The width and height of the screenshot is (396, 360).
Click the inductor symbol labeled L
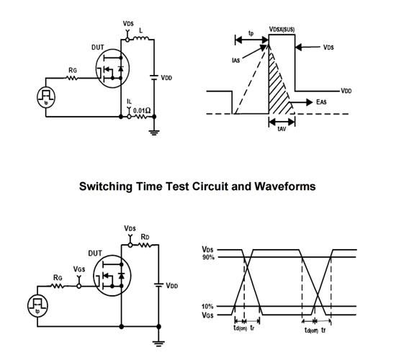(141, 38)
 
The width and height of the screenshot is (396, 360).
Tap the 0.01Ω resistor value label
(142, 110)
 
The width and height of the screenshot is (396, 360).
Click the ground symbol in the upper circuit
(154, 132)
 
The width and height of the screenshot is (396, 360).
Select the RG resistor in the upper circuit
(72, 78)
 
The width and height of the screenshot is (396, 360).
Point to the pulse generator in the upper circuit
(46, 97)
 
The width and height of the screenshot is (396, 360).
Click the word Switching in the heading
(106, 186)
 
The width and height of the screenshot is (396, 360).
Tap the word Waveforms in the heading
(285, 186)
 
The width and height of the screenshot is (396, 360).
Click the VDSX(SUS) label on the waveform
(282, 30)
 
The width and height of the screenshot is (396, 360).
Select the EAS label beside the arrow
(321, 102)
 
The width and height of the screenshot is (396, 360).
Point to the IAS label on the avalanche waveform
(235, 60)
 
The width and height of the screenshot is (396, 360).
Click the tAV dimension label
(282, 129)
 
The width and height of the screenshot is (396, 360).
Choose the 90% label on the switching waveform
(208, 258)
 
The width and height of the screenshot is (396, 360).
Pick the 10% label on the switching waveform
(207, 307)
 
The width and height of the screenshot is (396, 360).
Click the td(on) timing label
(240, 328)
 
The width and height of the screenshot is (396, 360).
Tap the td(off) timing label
(311, 330)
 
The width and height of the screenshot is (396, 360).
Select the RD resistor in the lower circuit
(145, 245)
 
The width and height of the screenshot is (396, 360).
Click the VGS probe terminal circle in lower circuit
(78, 287)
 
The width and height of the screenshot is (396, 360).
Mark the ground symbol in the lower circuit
(158, 343)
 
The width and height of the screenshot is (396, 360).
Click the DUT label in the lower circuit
(95, 253)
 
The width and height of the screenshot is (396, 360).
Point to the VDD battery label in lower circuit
(172, 286)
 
